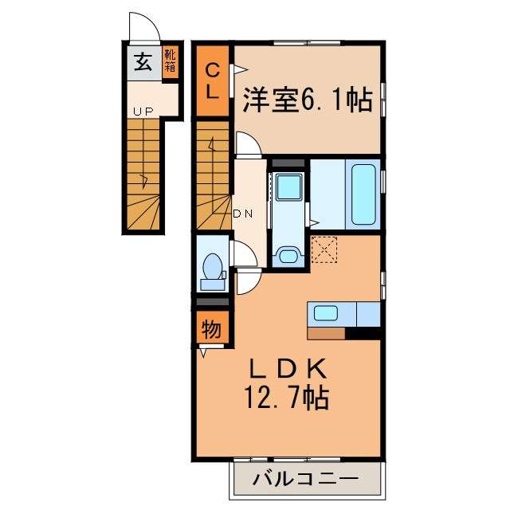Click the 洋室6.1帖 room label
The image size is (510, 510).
tap(306, 100)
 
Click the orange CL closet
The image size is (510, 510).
tap(213, 80)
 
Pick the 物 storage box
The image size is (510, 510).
tap(212, 328)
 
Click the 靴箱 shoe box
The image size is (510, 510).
tap(171, 61)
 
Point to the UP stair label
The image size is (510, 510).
tap(143, 112)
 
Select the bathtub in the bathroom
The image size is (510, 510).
tap(363, 194)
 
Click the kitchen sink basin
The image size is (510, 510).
tap(327, 312)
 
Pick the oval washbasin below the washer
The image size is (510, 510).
tap(287, 256)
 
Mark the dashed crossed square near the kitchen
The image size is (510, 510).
tap(325, 249)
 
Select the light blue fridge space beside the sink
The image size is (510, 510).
tap(368, 314)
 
